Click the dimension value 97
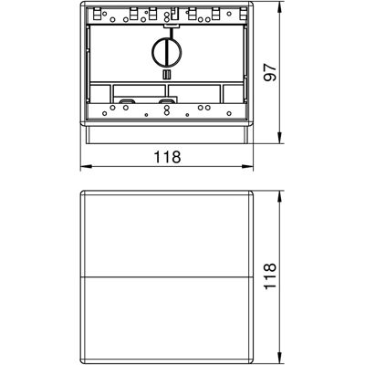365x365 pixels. (270, 73)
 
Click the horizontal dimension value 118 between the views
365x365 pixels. (167, 157)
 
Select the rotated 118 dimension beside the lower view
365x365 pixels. (270, 276)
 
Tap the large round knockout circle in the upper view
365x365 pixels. (167, 52)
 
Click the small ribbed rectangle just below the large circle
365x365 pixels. (167, 75)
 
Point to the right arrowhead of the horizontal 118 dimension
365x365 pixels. (247, 166)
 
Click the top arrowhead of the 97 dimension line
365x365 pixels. (280, 7)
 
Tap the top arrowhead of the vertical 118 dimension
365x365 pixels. (280, 197)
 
